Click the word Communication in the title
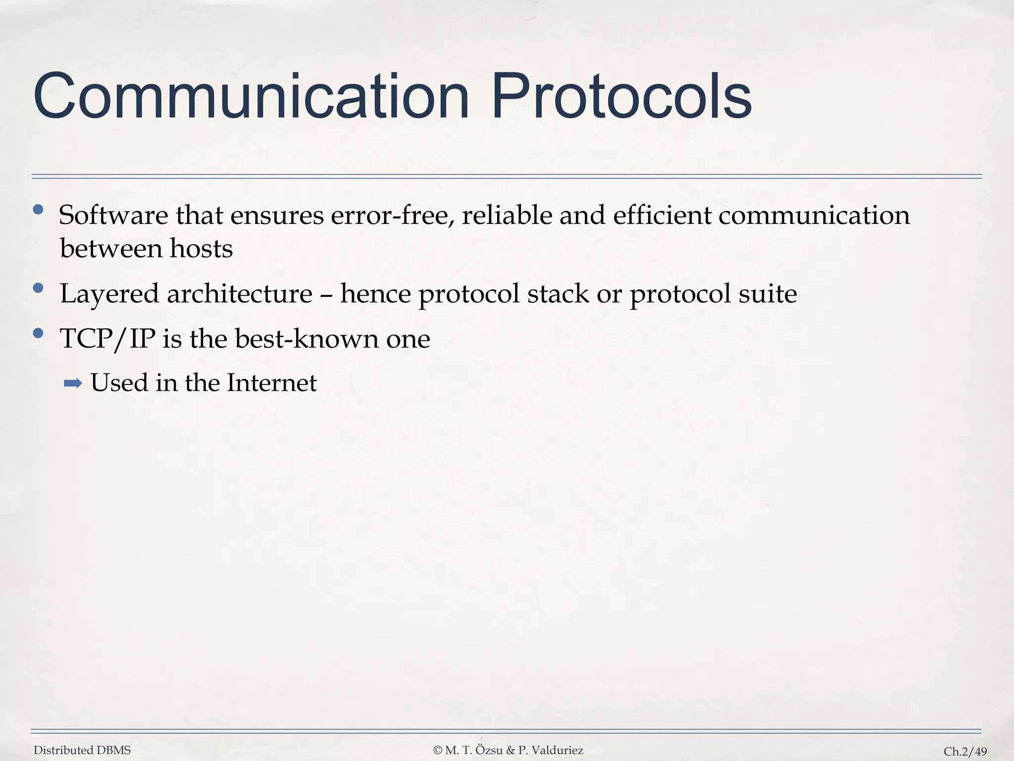click(x=251, y=97)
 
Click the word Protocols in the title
click(x=621, y=97)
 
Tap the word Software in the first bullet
click(x=113, y=216)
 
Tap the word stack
click(x=558, y=294)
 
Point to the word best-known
click(x=306, y=339)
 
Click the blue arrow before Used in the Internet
click(x=73, y=383)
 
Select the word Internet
click(x=271, y=383)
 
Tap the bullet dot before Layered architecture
click(x=38, y=288)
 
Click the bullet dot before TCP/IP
click(x=38, y=333)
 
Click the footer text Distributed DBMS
click(x=82, y=751)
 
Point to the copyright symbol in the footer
click(x=437, y=751)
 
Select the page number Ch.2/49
click(x=965, y=752)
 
